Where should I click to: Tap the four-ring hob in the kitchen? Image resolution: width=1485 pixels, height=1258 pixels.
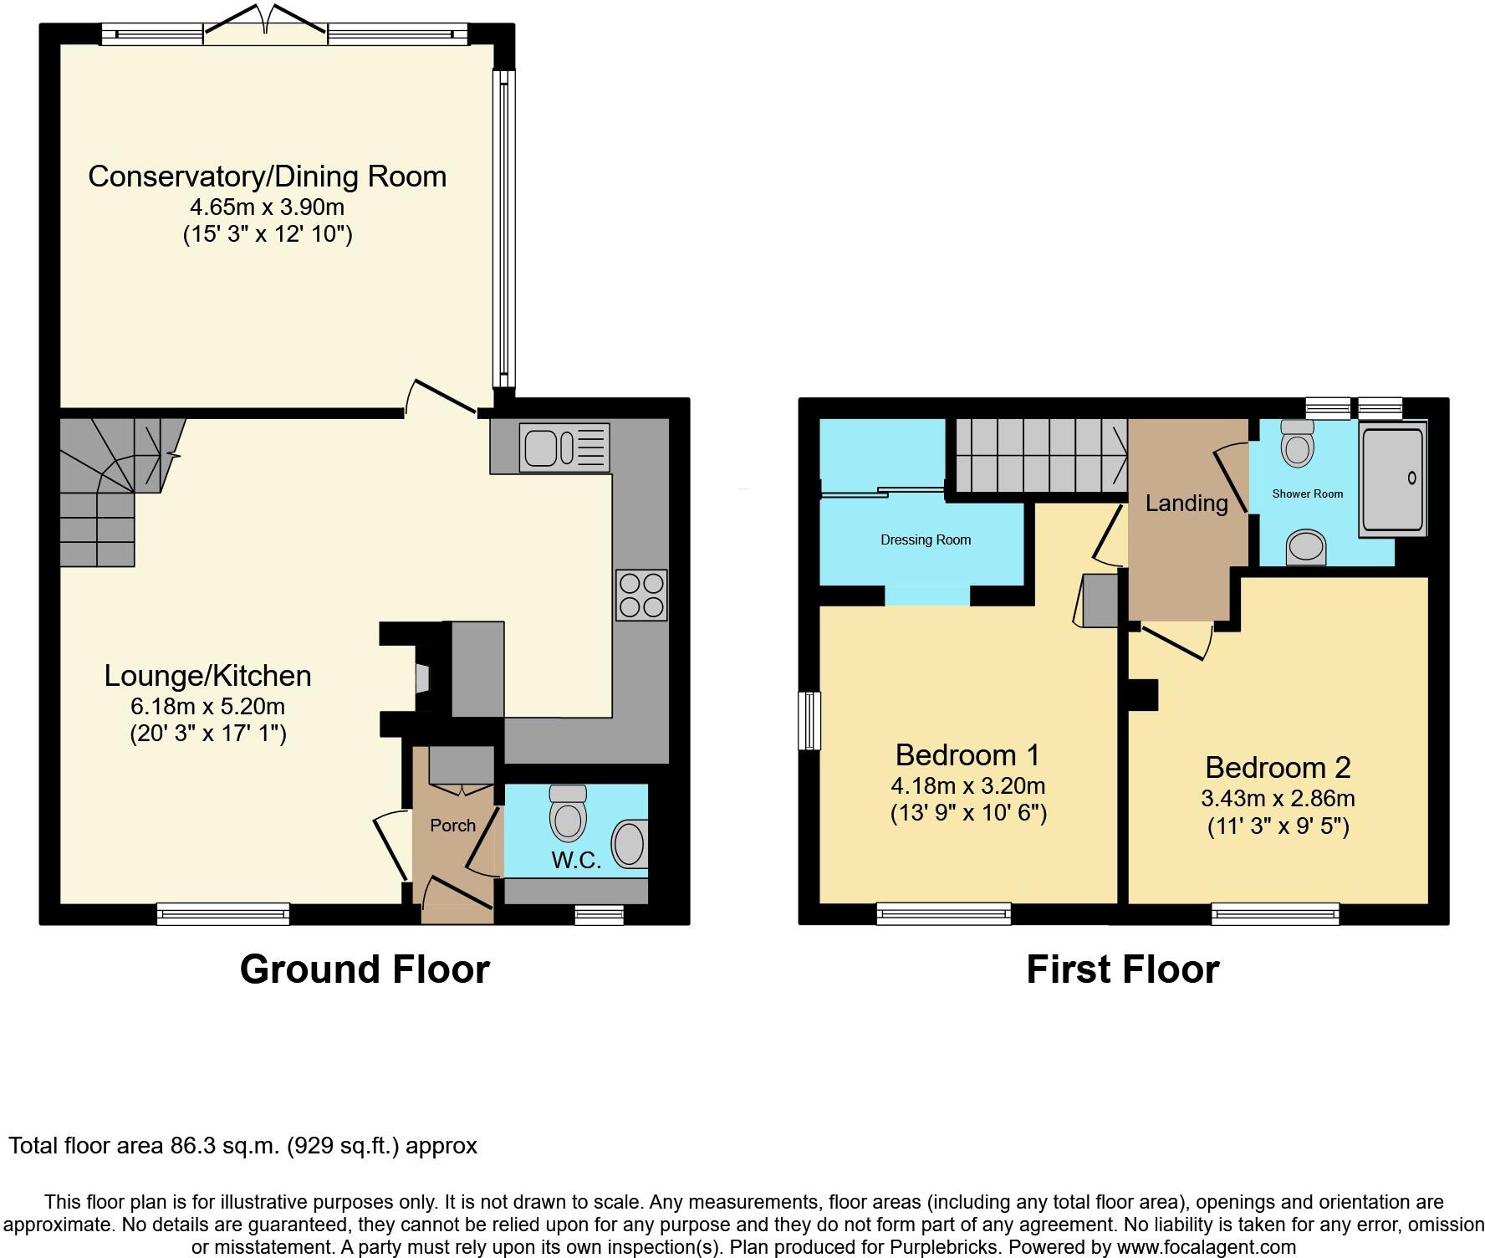click(x=641, y=595)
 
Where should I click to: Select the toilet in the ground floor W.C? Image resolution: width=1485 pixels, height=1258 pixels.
click(x=568, y=812)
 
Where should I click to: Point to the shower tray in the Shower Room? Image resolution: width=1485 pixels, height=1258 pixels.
click(x=1392, y=478)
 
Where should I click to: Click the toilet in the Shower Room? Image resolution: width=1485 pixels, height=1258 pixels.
click(x=1298, y=442)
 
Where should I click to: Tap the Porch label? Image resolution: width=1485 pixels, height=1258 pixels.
click(x=452, y=826)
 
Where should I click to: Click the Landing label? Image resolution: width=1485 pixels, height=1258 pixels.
click(x=1186, y=504)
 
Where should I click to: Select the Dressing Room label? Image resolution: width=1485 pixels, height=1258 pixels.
click(x=926, y=540)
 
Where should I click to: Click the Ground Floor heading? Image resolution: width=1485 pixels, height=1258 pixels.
click(x=365, y=969)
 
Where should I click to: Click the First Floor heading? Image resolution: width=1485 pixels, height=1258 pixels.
click(x=1122, y=969)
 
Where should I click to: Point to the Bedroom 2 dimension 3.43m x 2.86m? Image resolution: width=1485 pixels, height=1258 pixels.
click(x=1278, y=798)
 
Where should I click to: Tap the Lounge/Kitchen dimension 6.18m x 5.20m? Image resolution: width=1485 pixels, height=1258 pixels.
click(x=207, y=707)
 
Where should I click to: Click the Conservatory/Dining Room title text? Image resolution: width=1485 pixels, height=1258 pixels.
click(x=267, y=176)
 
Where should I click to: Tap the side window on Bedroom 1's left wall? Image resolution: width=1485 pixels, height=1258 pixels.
click(x=809, y=720)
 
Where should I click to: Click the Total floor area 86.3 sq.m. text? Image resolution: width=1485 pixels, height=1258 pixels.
click(x=242, y=1145)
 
